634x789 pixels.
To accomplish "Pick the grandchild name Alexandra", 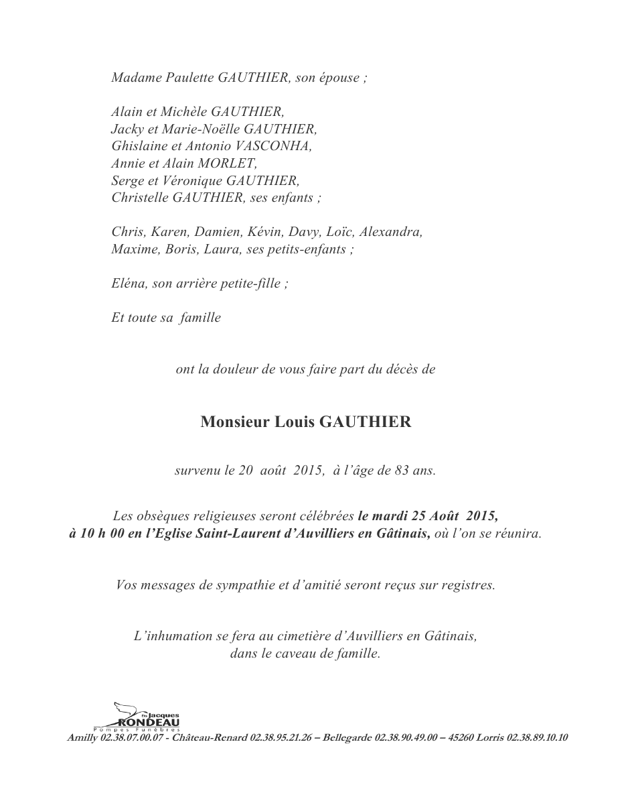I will point(391,232).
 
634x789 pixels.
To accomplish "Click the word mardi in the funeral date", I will point(388,517).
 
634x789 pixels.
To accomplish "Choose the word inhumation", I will point(183,635).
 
